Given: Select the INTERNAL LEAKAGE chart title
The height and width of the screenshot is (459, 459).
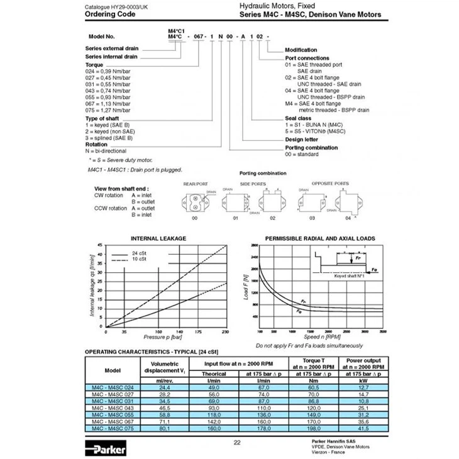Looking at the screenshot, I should click(x=158, y=239).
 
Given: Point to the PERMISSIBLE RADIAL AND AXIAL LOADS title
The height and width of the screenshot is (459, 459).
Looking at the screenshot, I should click(x=320, y=239).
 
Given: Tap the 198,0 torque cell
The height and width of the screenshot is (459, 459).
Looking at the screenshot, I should click(x=314, y=428).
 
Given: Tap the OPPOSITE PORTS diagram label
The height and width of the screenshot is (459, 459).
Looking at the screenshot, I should click(x=330, y=184).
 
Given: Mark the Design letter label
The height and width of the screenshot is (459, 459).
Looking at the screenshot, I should click(x=302, y=140).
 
